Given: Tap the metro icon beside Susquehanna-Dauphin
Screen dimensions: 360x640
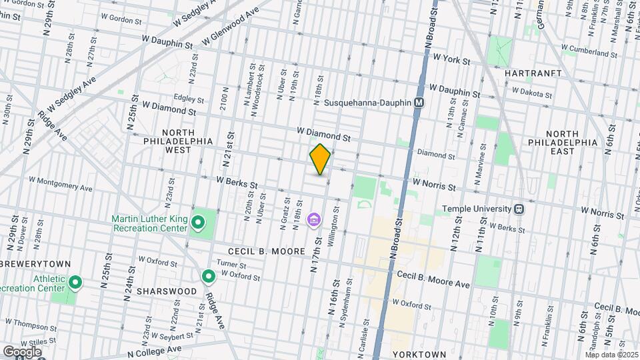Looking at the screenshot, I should tap(419, 103).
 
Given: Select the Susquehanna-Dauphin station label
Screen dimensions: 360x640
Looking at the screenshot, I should tap(367, 103).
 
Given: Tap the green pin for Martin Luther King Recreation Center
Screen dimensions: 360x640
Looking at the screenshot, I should tap(198, 222).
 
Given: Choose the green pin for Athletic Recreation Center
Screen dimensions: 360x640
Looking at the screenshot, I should tap(75, 283).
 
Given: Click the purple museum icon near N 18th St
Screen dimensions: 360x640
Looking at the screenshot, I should tap(313, 219).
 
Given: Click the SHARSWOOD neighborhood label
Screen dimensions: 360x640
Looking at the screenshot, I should tap(167, 291).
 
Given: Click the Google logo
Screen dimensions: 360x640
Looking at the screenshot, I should tap(22, 351).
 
